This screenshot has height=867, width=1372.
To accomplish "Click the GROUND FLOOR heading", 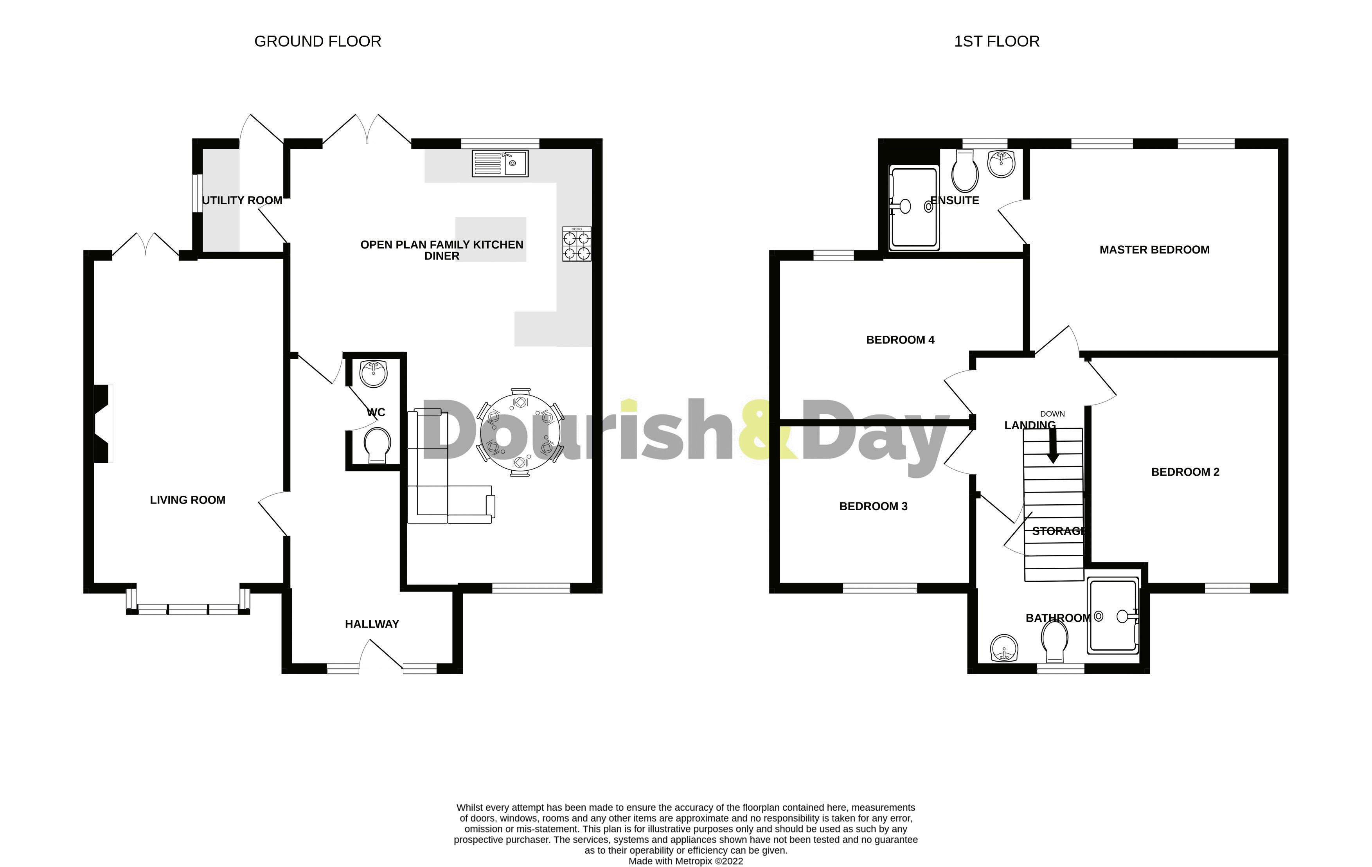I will click(317, 41).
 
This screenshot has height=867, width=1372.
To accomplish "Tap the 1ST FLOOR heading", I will click(996, 41).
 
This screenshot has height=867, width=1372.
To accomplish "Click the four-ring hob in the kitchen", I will click(577, 244).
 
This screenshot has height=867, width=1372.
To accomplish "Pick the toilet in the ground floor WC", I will click(377, 446).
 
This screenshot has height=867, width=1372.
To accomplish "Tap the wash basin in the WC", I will click(374, 374).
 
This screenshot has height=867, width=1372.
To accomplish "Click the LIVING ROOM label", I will click(187, 500).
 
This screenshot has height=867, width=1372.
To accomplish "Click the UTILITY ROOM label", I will click(242, 201).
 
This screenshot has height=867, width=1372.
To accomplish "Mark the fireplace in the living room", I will click(102, 424).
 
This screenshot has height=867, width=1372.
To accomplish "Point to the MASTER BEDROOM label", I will click(1154, 250).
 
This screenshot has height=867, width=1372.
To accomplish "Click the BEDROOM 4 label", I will click(900, 340).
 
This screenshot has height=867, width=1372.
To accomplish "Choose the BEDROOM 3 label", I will click(873, 506).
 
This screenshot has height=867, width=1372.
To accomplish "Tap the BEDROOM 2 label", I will click(1185, 472).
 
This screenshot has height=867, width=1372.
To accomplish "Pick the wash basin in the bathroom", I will click(1004, 648).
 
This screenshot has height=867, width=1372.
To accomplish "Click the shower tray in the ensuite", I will click(914, 207).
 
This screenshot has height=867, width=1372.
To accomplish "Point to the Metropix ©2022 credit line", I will click(685, 861).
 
